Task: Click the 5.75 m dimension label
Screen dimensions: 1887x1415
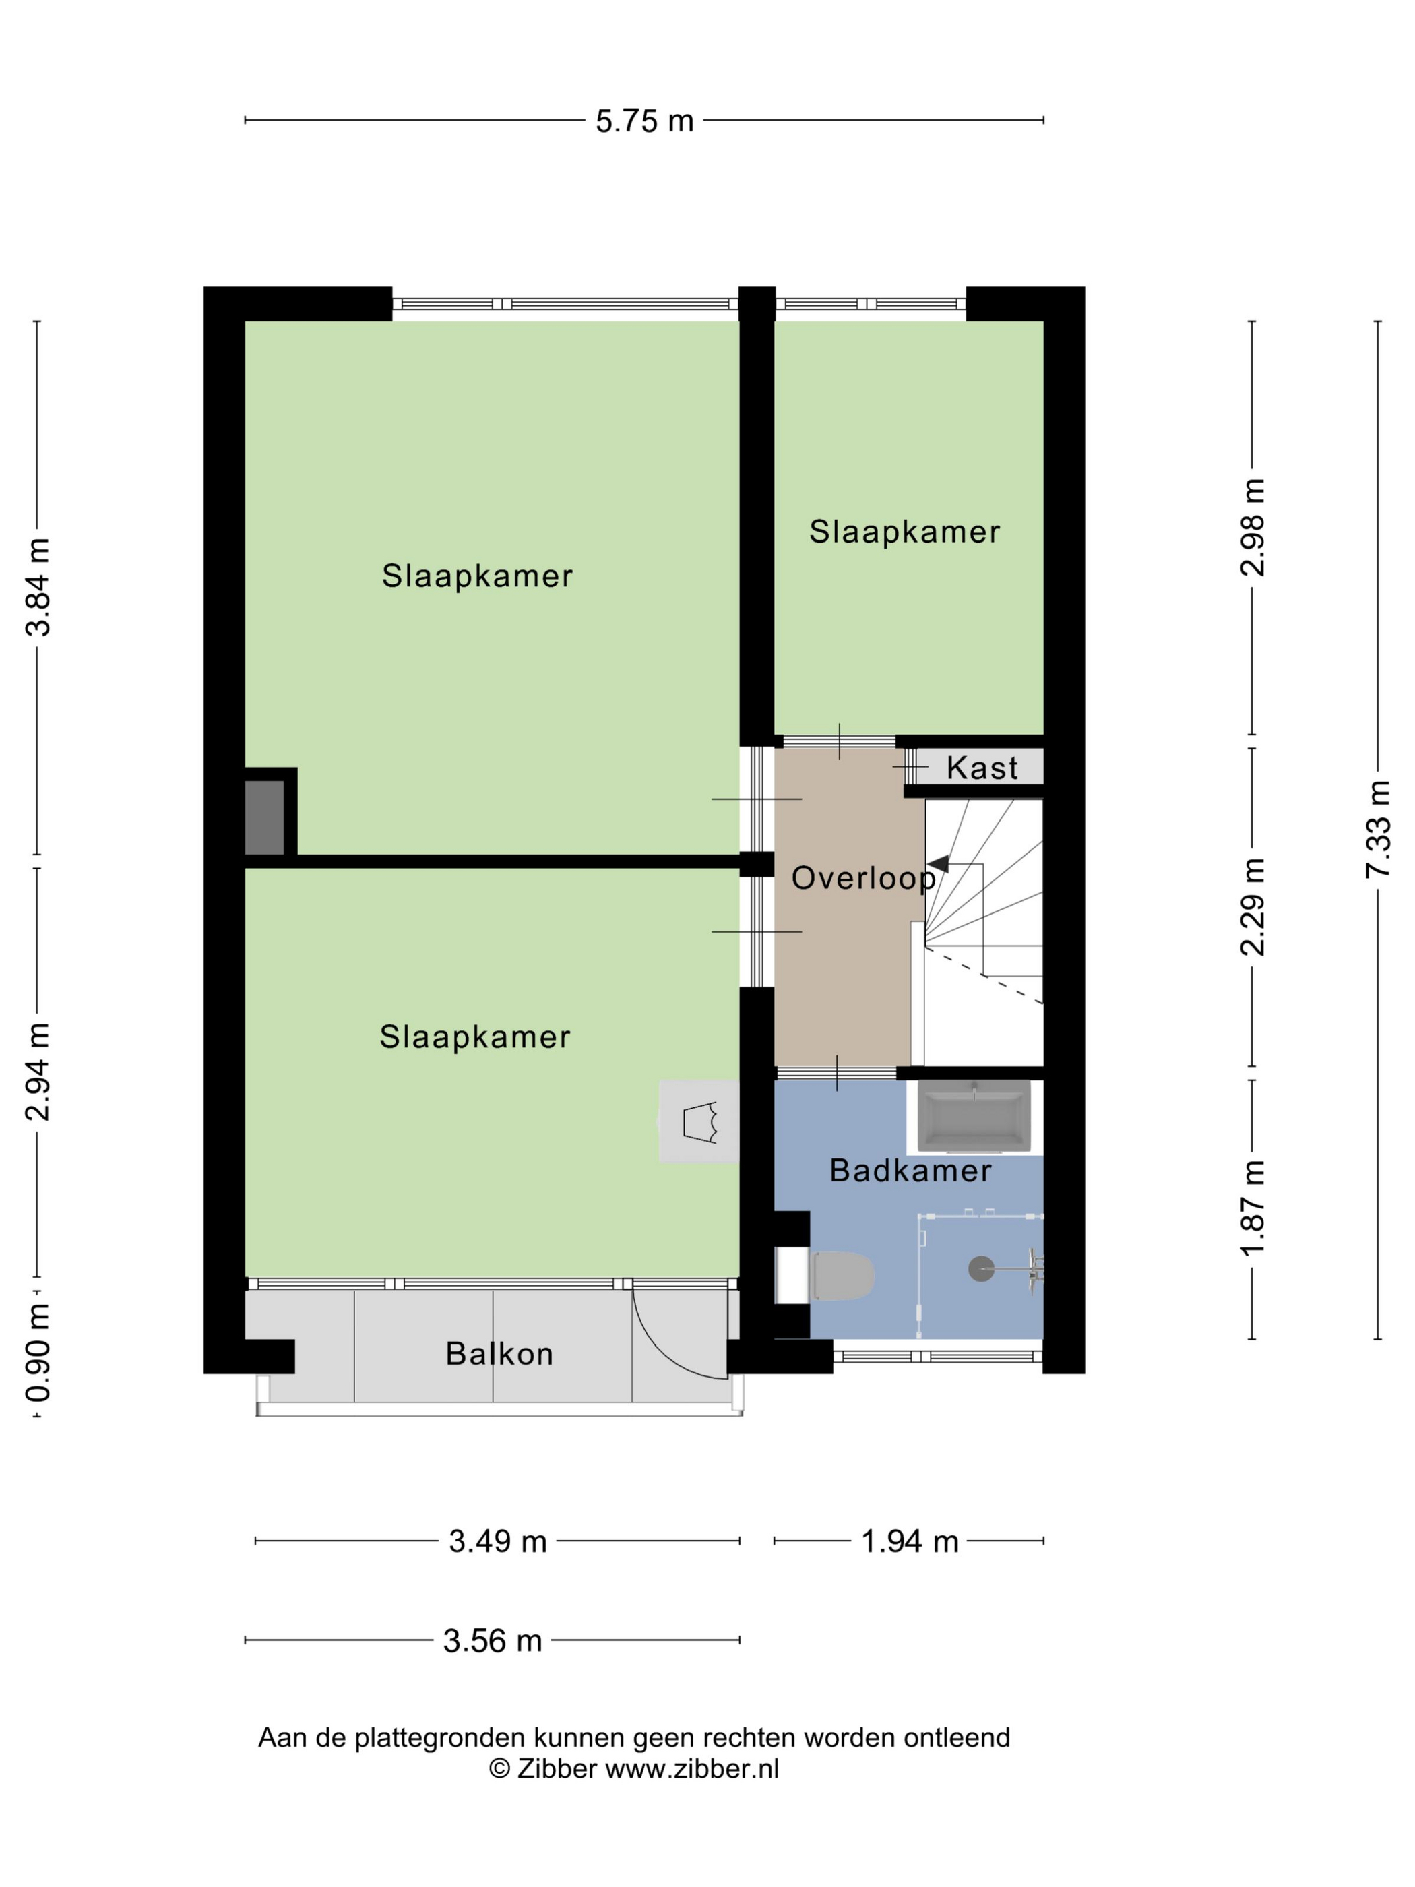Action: (x=644, y=121)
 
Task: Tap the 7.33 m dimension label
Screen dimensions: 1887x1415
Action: (x=1377, y=829)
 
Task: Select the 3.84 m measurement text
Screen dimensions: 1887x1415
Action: (x=38, y=587)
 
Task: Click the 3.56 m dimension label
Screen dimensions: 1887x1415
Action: (x=492, y=1640)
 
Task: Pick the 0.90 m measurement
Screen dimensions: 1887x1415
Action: (x=38, y=1353)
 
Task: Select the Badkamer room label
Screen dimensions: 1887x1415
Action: (x=910, y=1171)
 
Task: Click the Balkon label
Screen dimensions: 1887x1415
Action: (x=499, y=1354)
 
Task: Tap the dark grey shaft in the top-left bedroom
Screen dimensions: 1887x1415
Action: (x=264, y=817)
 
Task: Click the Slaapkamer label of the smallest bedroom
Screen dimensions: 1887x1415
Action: (x=904, y=532)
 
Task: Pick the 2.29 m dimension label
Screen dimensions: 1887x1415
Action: (x=1252, y=907)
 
